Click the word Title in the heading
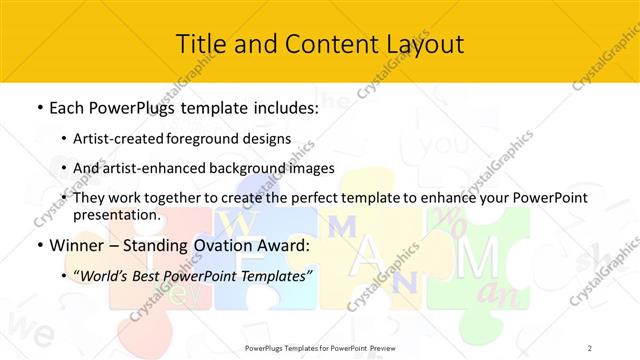click(199, 44)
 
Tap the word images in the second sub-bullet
click(313, 168)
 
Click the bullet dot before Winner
click(38, 246)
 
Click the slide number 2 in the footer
click(590, 347)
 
